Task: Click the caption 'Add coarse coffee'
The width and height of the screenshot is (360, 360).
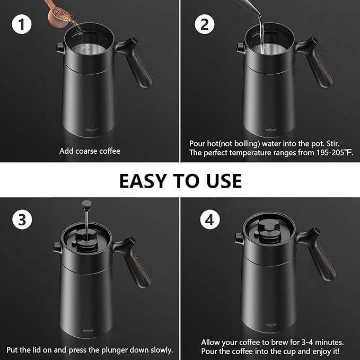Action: (90, 151)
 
